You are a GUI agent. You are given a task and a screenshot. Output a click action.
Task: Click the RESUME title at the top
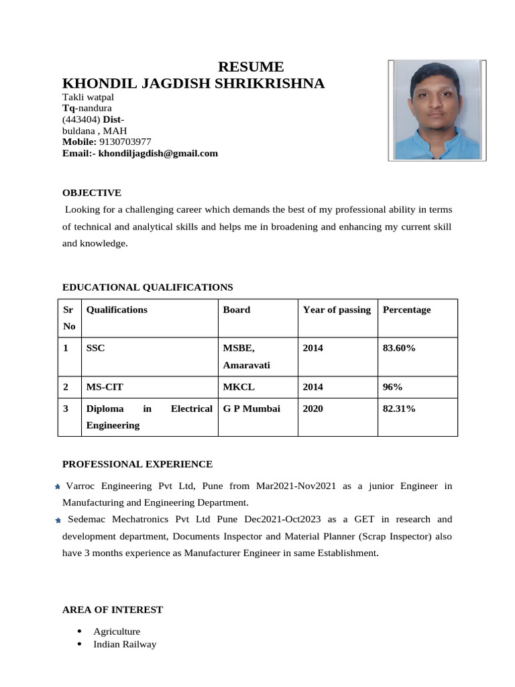(251, 67)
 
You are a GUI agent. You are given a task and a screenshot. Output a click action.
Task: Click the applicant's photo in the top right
(437, 109)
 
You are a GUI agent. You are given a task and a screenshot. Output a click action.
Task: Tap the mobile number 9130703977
(125, 142)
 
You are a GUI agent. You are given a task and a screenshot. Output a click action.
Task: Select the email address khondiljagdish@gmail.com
(158, 153)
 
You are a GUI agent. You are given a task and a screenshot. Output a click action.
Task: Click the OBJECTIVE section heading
(92, 193)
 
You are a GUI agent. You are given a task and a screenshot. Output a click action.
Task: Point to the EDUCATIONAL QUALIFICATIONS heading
(148, 287)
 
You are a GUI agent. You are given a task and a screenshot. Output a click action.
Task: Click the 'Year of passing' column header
(337, 310)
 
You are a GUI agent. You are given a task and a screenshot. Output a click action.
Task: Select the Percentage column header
(406, 310)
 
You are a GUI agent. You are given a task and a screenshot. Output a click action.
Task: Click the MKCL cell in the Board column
(239, 387)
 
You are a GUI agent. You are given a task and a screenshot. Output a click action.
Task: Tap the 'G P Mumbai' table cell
(251, 409)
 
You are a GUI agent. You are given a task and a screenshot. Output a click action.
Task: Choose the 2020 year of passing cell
(313, 409)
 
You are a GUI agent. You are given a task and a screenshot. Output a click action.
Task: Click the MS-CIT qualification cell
(105, 387)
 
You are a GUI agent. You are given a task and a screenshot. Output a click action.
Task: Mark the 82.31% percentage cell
(399, 409)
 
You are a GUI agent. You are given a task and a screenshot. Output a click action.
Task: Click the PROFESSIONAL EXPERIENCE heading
(137, 464)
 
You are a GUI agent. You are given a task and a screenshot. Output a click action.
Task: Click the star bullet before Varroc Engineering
(58, 486)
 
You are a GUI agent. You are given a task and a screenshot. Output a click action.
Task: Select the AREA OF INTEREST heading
(113, 610)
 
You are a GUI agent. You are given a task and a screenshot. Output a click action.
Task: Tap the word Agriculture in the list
(117, 631)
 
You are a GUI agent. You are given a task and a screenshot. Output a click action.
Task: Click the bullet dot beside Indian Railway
(80, 644)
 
